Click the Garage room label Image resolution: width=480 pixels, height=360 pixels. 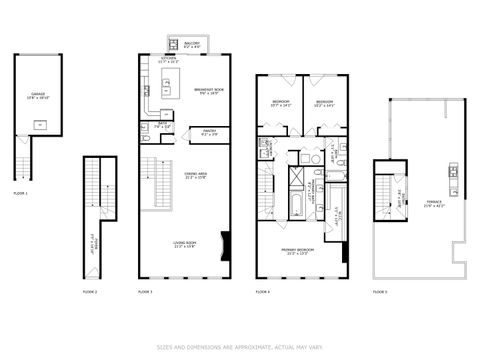37,97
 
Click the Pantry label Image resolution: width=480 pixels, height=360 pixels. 210,131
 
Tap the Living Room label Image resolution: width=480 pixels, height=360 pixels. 183,243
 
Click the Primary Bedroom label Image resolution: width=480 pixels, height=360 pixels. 298,251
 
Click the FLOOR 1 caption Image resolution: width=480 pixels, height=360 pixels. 21,192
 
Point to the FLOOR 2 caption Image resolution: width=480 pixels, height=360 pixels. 90,291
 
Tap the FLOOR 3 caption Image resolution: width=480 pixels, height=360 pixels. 145,291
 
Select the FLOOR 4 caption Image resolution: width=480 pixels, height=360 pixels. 262,291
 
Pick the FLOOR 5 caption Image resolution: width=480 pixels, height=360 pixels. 380,291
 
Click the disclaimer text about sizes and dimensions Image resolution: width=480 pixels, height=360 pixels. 240,347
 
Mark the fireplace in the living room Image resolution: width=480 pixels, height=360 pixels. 225,245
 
